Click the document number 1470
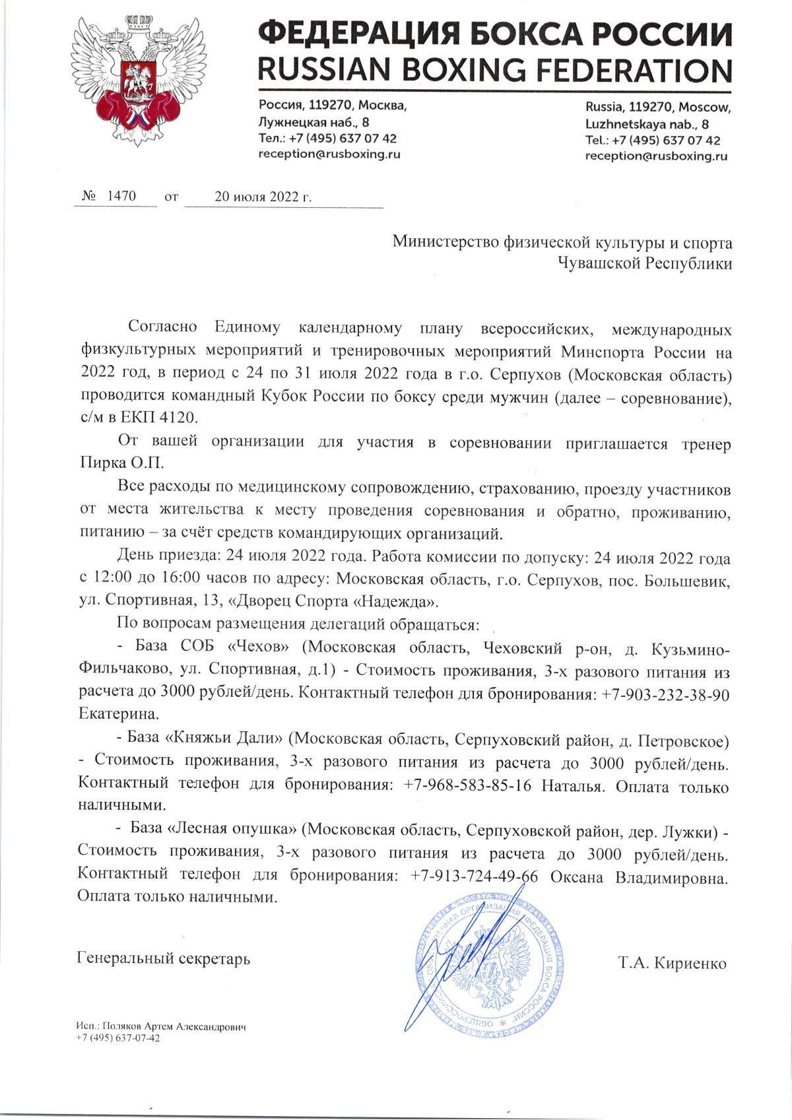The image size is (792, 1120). (121, 197)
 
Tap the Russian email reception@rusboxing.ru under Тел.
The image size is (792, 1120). (329, 154)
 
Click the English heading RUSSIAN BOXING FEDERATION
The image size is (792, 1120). (495, 68)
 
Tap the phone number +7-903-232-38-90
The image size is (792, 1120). (665, 696)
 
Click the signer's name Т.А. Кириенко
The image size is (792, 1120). (672, 963)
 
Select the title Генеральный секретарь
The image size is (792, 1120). (164, 957)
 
